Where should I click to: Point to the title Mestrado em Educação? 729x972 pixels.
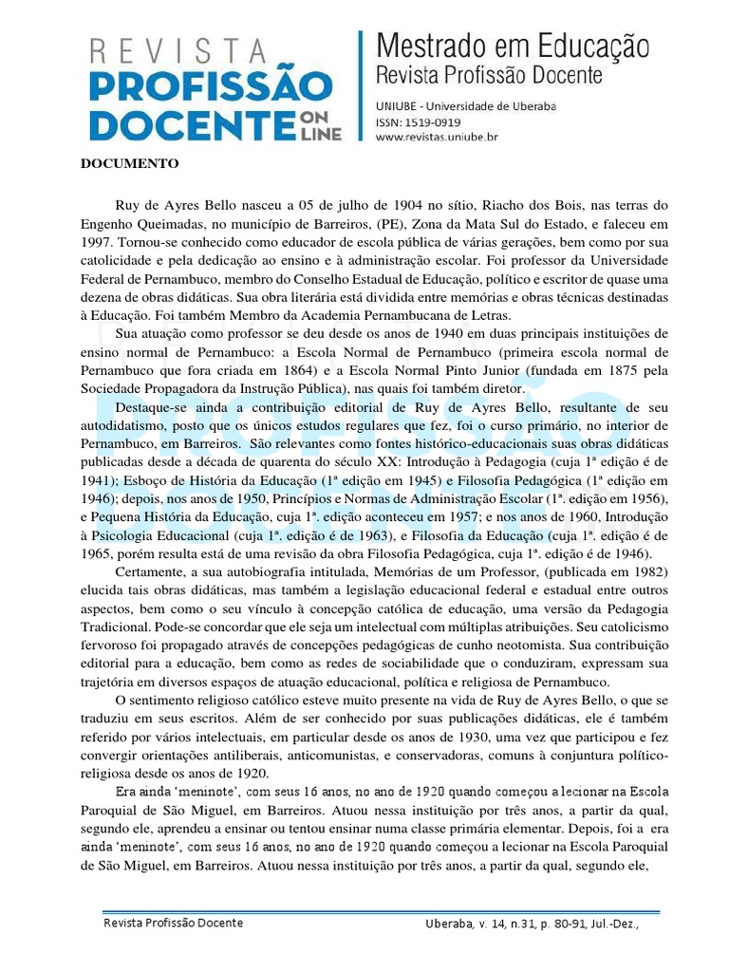click(x=514, y=45)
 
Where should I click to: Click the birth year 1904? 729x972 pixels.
click(x=371, y=205)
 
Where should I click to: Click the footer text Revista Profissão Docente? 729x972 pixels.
click(x=174, y=924)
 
